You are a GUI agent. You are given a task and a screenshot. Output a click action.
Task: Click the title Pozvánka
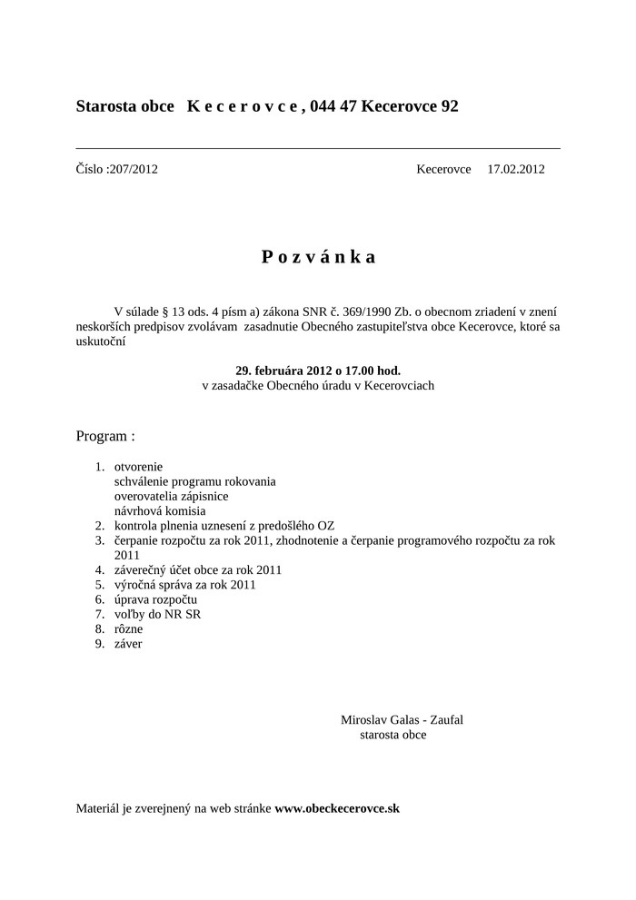tap(318, 257)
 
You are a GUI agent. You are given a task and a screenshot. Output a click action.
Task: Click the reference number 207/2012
tap(133, 169)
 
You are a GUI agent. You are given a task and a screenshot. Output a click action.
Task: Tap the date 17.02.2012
tap(515, 169)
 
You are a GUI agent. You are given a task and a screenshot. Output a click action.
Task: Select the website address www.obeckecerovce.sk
tap(337, 807)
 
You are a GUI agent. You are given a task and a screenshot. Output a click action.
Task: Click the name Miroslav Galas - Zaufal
tap(402, 719)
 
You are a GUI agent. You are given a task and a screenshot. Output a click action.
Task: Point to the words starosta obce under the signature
tap(393, 734)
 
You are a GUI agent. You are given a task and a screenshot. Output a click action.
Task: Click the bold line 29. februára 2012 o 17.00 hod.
tap(318, 371)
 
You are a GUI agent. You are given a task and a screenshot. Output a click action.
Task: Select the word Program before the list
tap(101, 436)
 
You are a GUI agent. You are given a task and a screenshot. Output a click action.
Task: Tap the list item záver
tap(128, 644)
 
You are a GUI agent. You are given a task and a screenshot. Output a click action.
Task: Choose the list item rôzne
tap(128, 628)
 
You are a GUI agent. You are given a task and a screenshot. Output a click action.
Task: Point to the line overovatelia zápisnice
tap(171, 496)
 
